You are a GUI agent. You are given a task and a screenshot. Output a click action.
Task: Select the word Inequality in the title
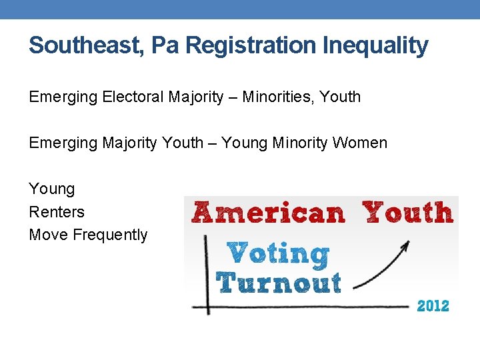tap(375, 45)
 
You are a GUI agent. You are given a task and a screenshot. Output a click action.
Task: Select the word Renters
tap(57, 212)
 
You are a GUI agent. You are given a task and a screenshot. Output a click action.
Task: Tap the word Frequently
tap(110, 235)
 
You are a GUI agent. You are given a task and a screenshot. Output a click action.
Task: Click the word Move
tap(49, 235)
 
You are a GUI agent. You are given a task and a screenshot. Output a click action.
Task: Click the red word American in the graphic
tap(269, 213)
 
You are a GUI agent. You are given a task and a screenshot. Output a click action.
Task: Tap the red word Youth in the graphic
tap(408, 212)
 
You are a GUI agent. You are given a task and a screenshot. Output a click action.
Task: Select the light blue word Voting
tap(278, 253)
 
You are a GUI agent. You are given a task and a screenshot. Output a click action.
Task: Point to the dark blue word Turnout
tap(279, 283)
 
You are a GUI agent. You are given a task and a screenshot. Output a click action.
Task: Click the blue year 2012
tap(433, 306)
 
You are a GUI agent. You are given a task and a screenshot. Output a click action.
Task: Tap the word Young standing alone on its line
tap(52, 189)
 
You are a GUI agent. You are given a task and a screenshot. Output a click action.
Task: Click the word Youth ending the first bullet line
tap(340, 97)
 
